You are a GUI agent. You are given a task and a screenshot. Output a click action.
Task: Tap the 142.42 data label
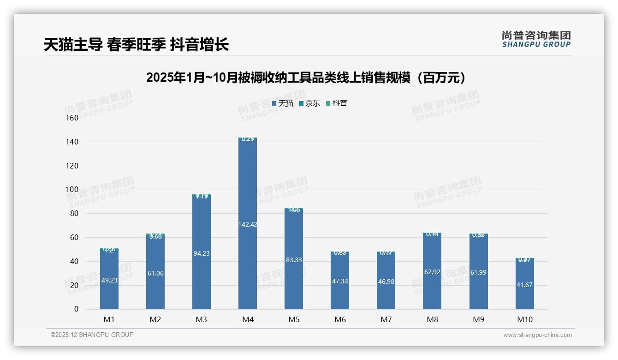pyautogui.click(x=248, y=224)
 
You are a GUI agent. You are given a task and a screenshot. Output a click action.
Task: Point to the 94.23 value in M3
pyautogui.click(x=202, y=253)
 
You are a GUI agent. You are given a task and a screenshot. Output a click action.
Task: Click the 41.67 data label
pyautogui.click(x=524, y=285)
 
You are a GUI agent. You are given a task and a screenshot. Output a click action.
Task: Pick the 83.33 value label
pyautogui.click(x=294, y=260)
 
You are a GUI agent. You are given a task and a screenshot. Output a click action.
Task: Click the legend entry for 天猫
pyautogui.click(x=283, y=103)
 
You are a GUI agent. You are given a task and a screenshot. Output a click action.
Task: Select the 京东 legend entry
pyautogui.click(x=309, y=103)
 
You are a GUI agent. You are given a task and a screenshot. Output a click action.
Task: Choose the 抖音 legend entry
pyautogui.click(x=337, y=103)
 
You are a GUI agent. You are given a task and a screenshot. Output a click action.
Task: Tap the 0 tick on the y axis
pyautogui.click(x=77, y=309)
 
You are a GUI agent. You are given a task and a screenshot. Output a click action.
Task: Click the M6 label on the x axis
pyautogui.click(x=340, y=319)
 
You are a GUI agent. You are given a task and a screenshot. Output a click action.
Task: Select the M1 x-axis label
pyautogui.click(x=109, y=319)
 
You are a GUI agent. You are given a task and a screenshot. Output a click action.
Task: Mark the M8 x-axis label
pyautogui.click(x=432, y=319)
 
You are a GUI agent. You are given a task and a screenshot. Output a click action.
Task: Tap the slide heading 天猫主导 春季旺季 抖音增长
pyautogui.click(x=136, y=45)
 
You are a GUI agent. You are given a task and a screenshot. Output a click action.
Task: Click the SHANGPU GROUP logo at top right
pyautogui.click(x=536, y=39)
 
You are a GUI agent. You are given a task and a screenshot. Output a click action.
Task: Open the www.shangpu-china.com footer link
pyautogui.click(x=537, y=335)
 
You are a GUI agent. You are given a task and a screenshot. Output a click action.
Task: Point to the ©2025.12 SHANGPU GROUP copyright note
pyautogui.click(x=92, y=335)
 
